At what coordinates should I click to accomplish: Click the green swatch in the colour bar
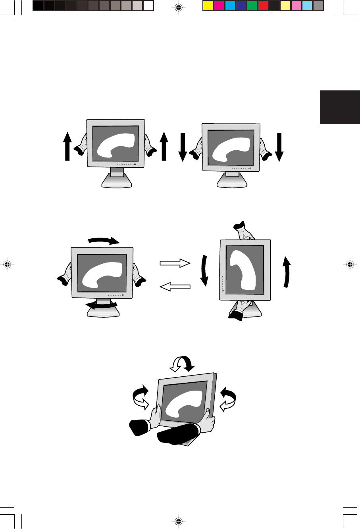(252, 6)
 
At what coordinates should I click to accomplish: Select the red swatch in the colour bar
(263, 6)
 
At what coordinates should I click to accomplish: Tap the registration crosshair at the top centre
(179, 8)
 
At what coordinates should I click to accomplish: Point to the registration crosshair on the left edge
(7, 264)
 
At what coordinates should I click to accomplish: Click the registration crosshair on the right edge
(350, 264)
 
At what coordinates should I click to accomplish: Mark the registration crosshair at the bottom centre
(179, 521)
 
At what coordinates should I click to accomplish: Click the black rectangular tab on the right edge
(340, 107)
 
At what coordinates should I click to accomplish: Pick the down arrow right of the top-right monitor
(279, 147)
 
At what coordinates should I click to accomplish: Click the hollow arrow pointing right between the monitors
(175, 263)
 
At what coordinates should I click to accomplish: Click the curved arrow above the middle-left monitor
(104, 240)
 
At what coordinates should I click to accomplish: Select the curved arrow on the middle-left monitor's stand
(102, 305)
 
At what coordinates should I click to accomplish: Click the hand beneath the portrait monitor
(241, 310)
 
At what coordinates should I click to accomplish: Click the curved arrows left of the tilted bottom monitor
(141, 397)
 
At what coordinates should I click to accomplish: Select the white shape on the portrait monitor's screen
(243, 270)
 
